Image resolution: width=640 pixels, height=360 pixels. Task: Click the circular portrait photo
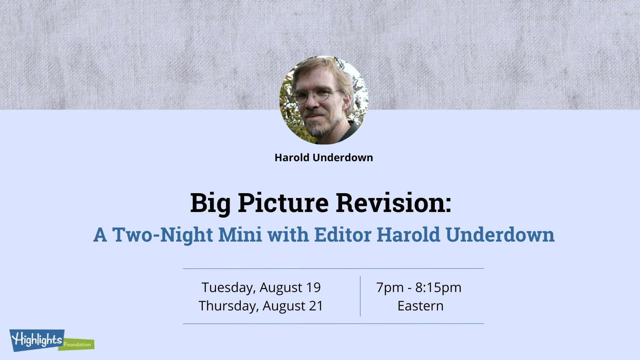pos(324,100)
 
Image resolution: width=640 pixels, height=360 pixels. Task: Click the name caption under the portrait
pos(324,158)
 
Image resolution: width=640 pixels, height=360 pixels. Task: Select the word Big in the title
pos(210,204)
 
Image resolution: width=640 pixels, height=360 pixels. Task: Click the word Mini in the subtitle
pos(240,234)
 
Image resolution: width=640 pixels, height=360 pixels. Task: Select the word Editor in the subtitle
pos(342,234)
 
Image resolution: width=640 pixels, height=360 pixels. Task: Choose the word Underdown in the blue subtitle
pos(500,234)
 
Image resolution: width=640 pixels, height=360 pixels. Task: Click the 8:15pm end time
pos(438,288)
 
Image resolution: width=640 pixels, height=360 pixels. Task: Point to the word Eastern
pos(420,306)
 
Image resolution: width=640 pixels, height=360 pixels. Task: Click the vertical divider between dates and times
pos(360,296)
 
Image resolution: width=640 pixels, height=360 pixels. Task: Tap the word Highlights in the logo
pos(36,340)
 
